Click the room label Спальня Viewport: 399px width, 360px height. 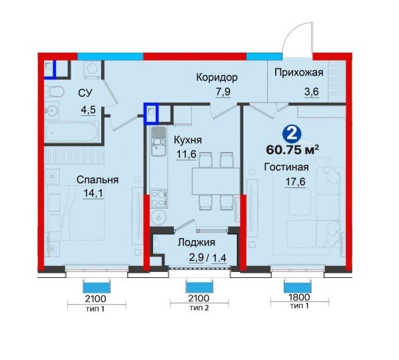pos(97,179)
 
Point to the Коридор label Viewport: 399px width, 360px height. pos(216,78)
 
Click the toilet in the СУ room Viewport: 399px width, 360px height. pos(55,93)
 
